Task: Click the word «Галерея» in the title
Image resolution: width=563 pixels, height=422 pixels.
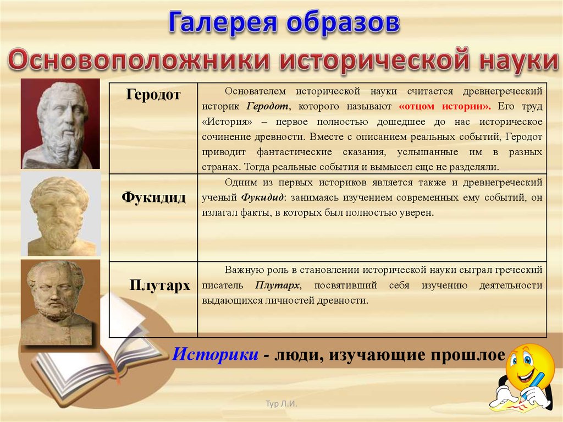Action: (x=223, y=23)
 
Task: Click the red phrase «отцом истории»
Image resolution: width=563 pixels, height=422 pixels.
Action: (x=444, y=106)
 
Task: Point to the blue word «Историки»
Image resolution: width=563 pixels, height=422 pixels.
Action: (x=215, y=354)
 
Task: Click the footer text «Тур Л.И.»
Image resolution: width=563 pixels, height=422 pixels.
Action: (x=281, y=404)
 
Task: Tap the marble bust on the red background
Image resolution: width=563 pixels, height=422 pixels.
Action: (x=60, y=124)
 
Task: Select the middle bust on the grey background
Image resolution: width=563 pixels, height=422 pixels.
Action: (x=60, y=214)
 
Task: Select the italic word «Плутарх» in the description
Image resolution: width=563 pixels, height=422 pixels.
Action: (x=277, y=286)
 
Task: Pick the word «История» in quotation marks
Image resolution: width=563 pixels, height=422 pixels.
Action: (x=228, y=122)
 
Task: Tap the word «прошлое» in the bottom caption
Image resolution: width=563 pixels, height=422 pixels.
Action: (x=468, y=355)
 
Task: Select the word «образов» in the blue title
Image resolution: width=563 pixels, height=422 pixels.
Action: (x=343, y=23)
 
